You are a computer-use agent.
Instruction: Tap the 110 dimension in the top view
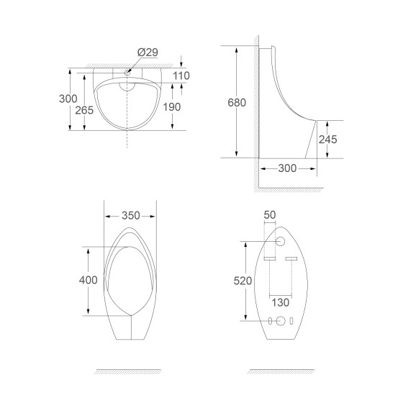(181, 76)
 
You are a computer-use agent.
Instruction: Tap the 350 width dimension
(130, 215)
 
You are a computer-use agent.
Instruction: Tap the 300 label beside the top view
(68, 99)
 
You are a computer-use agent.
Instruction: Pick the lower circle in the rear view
(281, 321)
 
